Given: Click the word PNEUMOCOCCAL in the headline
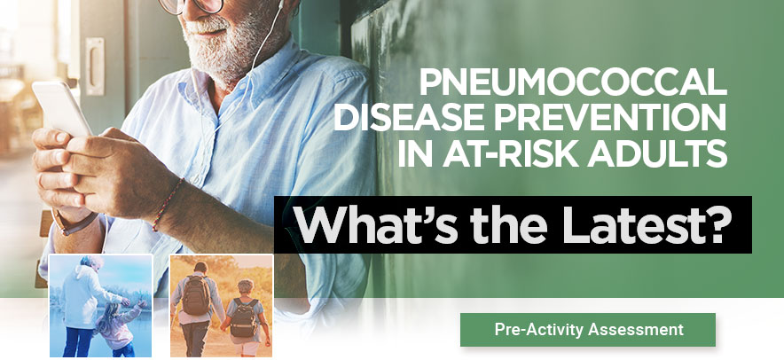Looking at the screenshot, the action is (x=573, y=82).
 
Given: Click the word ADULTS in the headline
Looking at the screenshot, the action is (x=657, y=154).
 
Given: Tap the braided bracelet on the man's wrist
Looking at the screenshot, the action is (x=168, y=204).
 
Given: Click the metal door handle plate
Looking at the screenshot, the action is (x=95, y=66).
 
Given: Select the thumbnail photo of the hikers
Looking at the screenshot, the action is (x=222, y=306).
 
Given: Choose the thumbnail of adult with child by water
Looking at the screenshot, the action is (x=101, y=306).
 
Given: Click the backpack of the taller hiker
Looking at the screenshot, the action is (x=197, y=295).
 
